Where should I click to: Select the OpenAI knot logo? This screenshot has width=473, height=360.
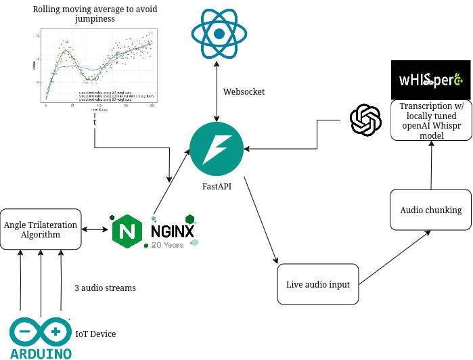coord(365,120)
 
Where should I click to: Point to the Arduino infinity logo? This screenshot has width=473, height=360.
coord(41,332)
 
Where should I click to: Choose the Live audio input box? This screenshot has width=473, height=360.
coord(317,284)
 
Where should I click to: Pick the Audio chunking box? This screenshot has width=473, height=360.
coord(430,210)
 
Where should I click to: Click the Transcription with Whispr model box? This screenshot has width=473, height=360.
coord(430,121)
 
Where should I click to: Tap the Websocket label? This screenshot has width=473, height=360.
coord(244,91)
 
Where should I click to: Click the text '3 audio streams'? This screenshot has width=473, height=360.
coord(105,288)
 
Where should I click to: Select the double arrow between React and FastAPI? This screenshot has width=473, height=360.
coord(216,91)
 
